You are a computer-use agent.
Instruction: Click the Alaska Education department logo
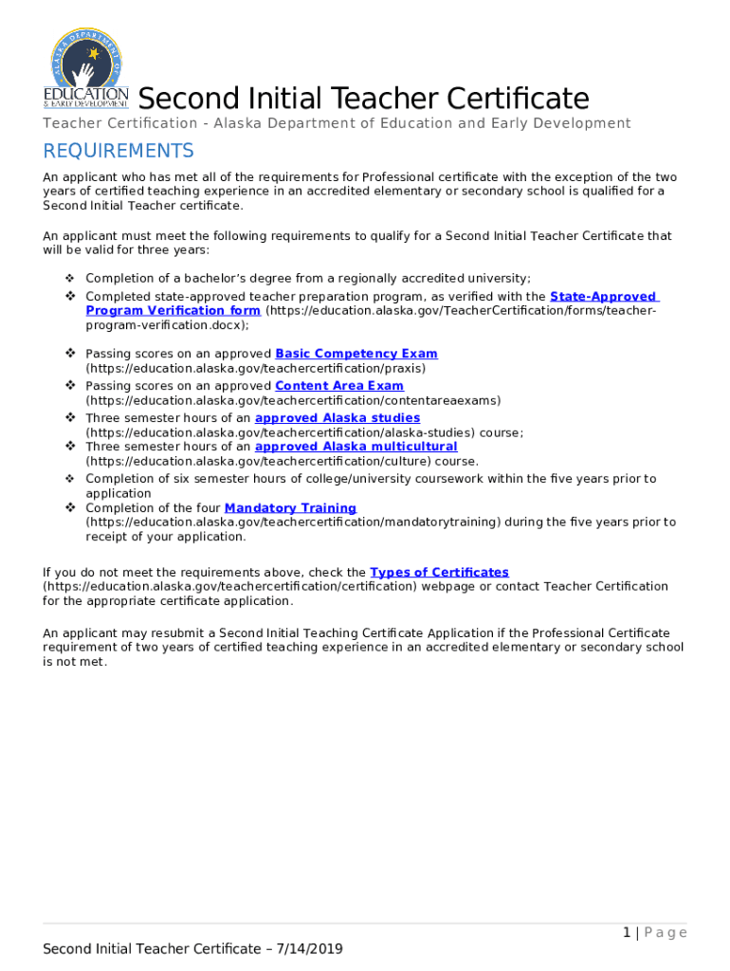pos(85,68)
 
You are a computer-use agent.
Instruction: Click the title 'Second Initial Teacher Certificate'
pos(363,99)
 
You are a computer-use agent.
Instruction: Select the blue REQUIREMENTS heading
pos(119,152)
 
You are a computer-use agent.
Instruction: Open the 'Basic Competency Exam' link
pos(356,354)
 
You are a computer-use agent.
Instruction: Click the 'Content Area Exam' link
pos(338,386)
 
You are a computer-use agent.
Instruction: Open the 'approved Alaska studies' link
pos(337,418)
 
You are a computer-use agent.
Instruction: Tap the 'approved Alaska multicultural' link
pos(356,447)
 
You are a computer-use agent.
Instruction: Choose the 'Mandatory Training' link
pos(289,508)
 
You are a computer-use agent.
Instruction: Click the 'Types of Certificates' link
pos(439,572)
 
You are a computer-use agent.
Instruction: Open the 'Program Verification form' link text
pos(173,310)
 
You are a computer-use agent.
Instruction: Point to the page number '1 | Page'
pos(654,933)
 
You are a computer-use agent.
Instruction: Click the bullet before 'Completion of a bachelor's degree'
pos(70,278)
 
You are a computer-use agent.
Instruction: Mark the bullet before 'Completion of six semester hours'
pos(70,479)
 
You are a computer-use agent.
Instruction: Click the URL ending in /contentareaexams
pos(293,400)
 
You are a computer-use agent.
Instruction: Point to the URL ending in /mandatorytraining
pos(293,522)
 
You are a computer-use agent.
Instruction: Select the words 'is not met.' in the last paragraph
pos(75,662)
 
